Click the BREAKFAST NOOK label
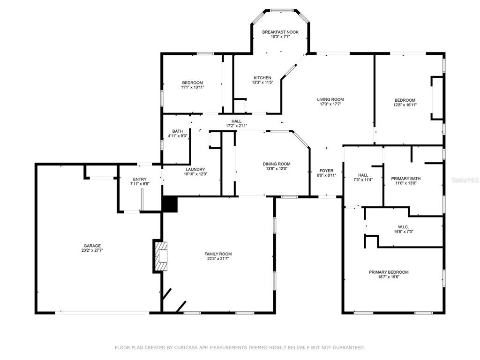point(280,32)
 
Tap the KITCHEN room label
point(262,78)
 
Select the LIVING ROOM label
point(330,99)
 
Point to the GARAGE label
point(92,246)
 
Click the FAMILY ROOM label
point(218,254)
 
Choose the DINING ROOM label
point(277,164)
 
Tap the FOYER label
point(326,171)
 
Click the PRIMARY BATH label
point(405,179)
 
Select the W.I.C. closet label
point(403,227)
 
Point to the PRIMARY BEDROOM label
point(389,272)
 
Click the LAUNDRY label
point(195,169)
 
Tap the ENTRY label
point(140,179)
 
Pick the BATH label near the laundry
point(177,131)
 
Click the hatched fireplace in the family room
point(161,256)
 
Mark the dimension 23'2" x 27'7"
point(92,250)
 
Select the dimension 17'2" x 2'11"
point(236,126)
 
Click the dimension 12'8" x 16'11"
point(405,105)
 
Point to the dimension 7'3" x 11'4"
point(363,180)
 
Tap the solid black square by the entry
point(170,204)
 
